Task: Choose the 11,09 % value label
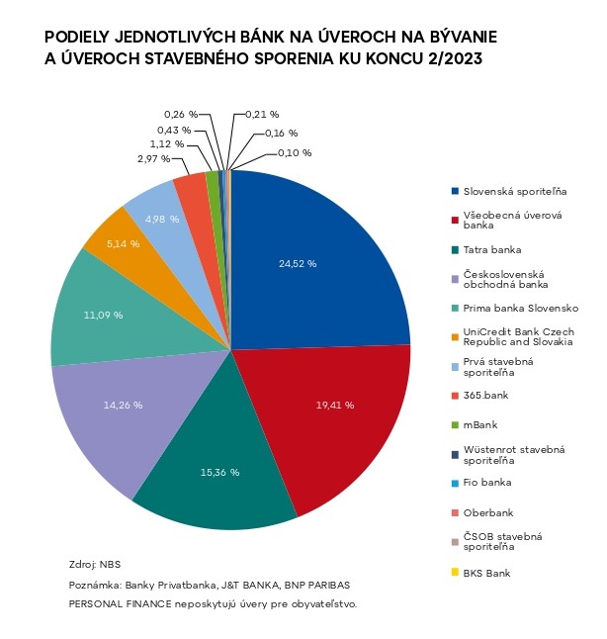[x=104, y=315]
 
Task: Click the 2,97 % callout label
[x=153, y=158]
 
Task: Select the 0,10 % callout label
[x=294, y=152]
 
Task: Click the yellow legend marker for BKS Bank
[x=455, y=573]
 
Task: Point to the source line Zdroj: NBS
[x=94, y=564]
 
